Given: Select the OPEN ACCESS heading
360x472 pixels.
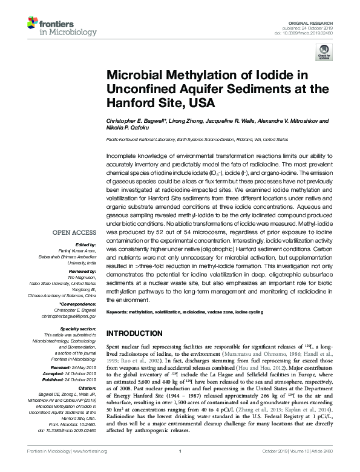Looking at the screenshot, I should click(74, 232).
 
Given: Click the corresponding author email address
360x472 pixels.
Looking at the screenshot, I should click(68, 316).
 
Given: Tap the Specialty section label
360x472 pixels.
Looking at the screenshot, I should click(79, 328).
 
